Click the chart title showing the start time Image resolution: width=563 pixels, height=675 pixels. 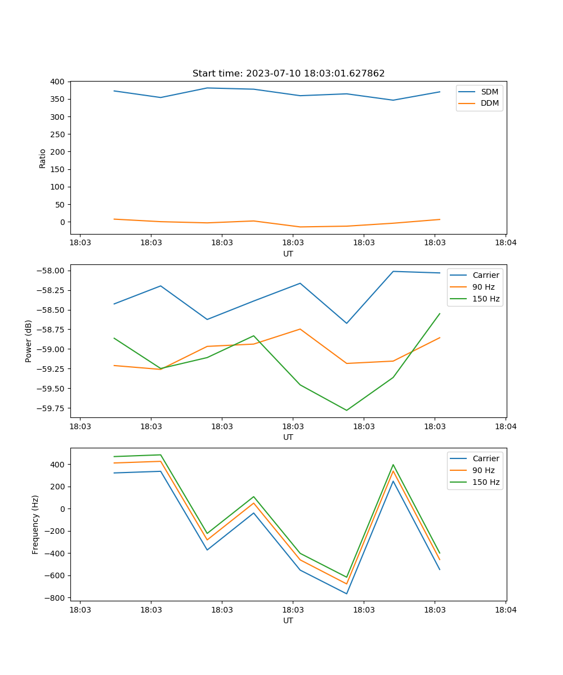(288, 74)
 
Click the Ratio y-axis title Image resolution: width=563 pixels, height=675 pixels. (43, 158)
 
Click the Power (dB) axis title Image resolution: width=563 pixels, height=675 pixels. (29, 341)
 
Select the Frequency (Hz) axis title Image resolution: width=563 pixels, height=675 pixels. (35, 524)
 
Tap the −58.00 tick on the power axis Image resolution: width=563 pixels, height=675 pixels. (51, 271)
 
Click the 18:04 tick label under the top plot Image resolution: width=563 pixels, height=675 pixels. (505, 242)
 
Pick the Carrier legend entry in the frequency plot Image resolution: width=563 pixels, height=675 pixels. (486, 458)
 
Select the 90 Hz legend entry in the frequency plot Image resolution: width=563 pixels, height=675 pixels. (484, 470)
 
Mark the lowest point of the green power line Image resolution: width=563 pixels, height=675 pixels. (346, 410)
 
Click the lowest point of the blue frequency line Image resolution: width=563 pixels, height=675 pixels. (346, 593)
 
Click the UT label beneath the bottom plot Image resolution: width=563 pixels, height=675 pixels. (288, 620)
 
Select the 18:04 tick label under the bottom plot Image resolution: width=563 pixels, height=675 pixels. (505, 609)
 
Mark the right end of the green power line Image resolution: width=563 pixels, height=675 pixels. (440, 313)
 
